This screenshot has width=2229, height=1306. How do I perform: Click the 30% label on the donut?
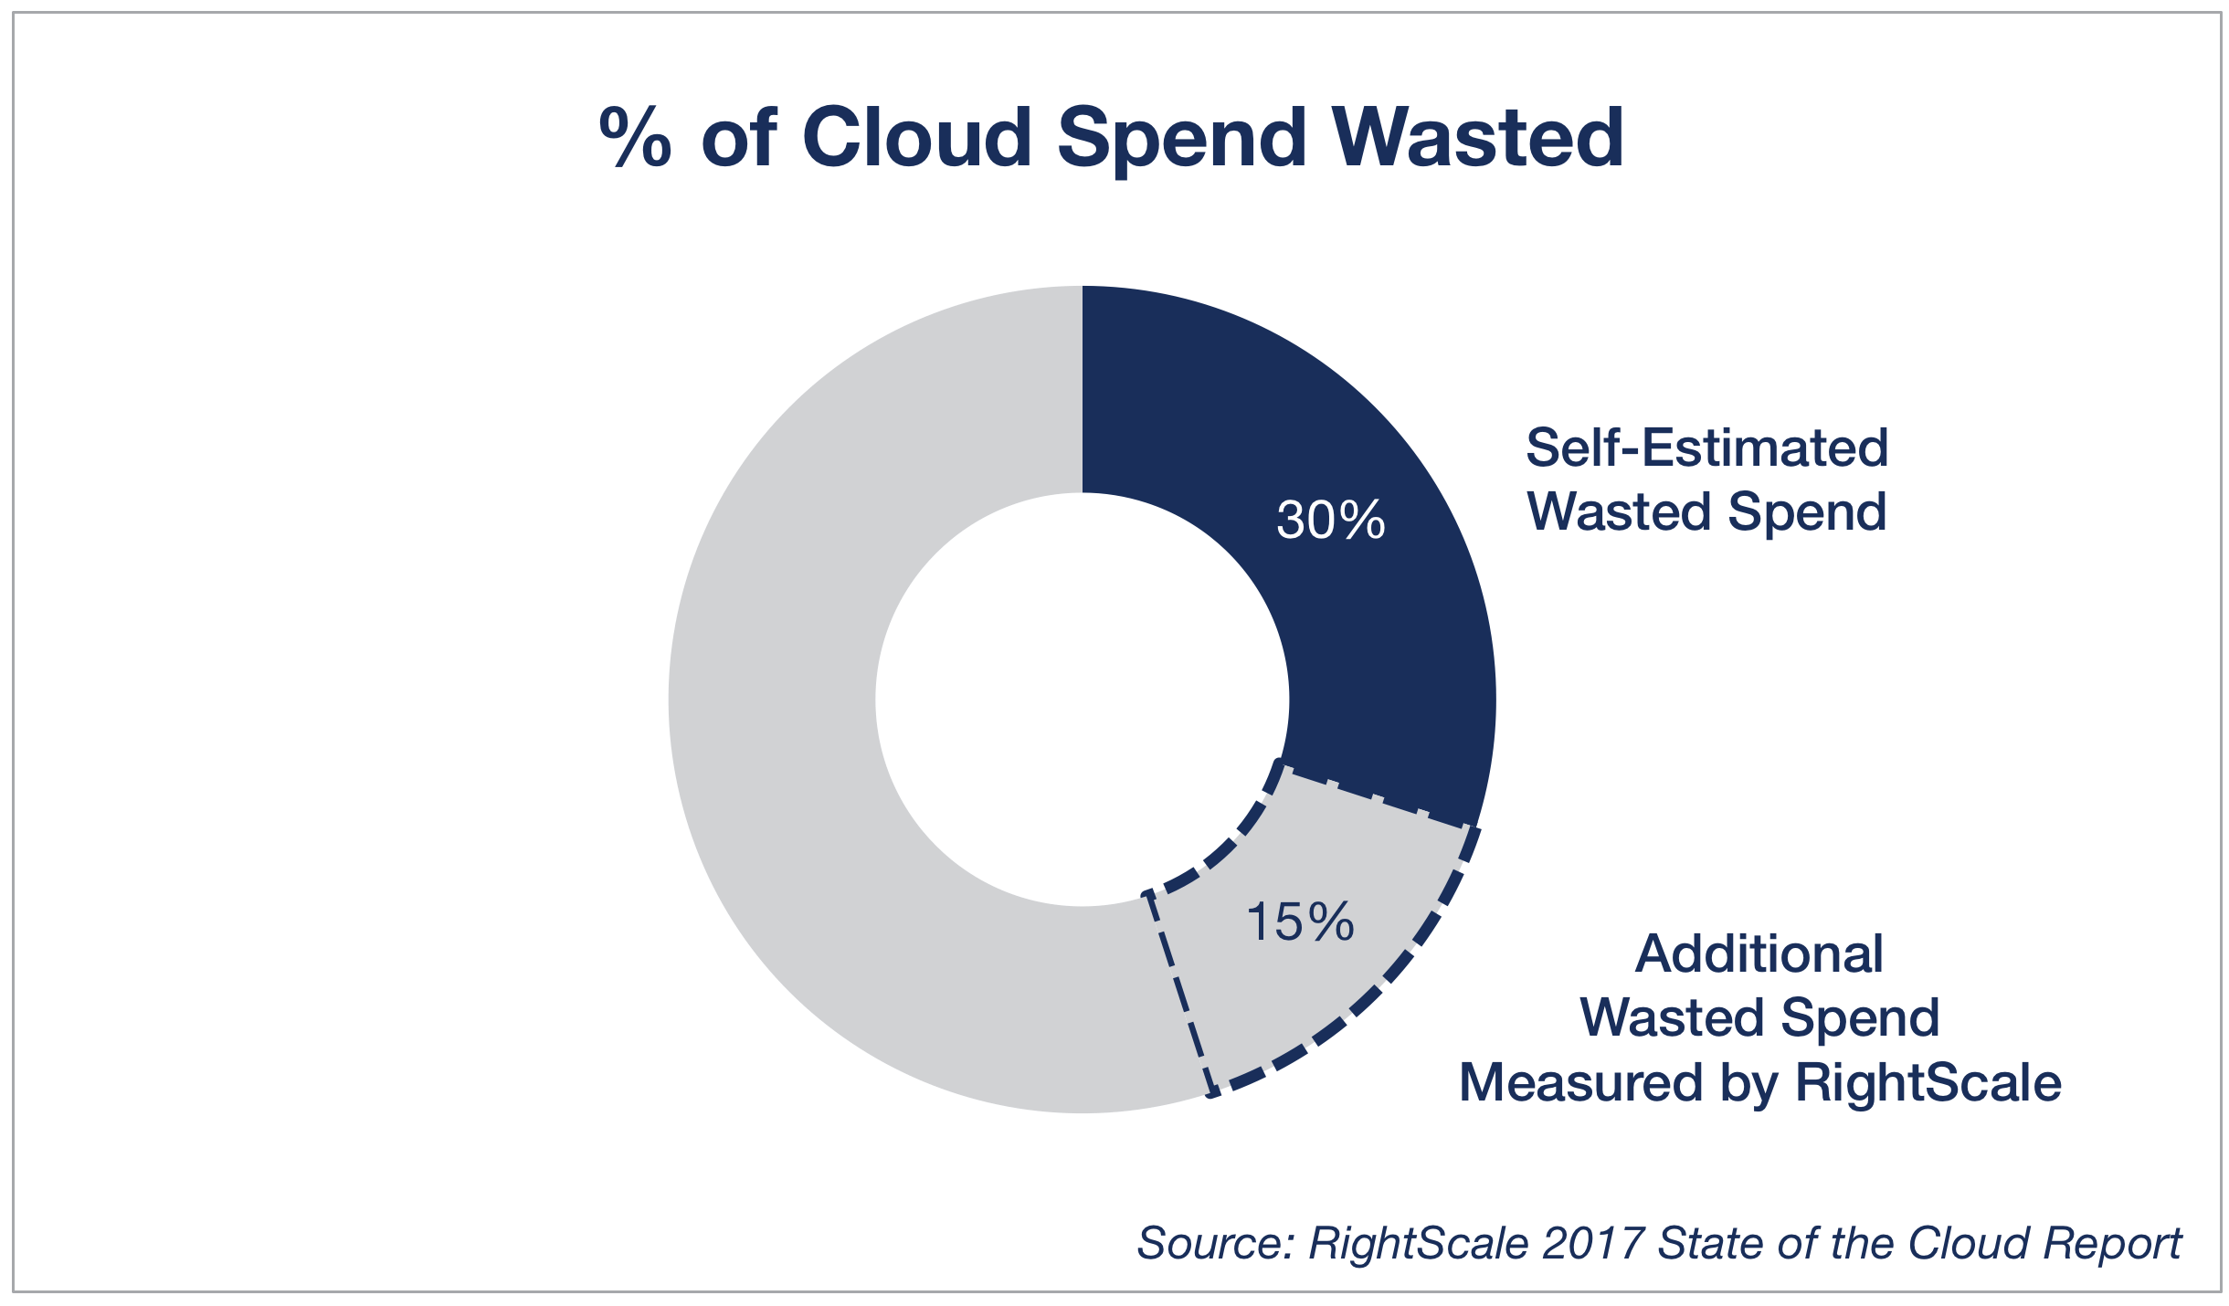coord(1330,520)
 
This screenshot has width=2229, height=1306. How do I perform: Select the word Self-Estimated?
coord(1706,448)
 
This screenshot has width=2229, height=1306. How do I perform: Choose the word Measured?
coord(1580,1083)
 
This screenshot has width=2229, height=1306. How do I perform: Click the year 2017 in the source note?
coord(1593,1244)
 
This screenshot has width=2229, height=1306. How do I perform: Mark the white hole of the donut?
coord(1083,700)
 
